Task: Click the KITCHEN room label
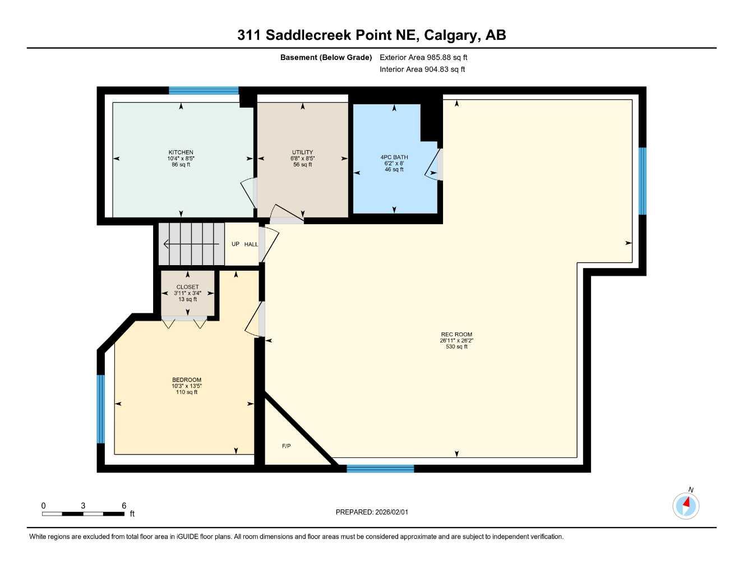[x=181, y=152]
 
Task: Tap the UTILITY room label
[x=302, y=152]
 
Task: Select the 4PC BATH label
[x=394, y=158]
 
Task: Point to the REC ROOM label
[x=456, y=335]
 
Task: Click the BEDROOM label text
[x=187, y=380]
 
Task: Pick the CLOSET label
[x=187, y=287]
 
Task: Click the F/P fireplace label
[x=286, y=446]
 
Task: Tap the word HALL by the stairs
[x=251, y=244]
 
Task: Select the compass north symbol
[x=686, y=506]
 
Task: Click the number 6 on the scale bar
[x=124, y=506]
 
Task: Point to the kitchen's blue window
[x=204, y=90]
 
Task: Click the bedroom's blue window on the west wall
[x=101, y=409]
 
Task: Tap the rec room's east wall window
[x=643, y=181]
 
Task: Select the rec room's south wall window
[x=380, y=469]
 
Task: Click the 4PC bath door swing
[x=433, y=165]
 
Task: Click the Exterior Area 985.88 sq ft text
[x=423, y=57]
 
